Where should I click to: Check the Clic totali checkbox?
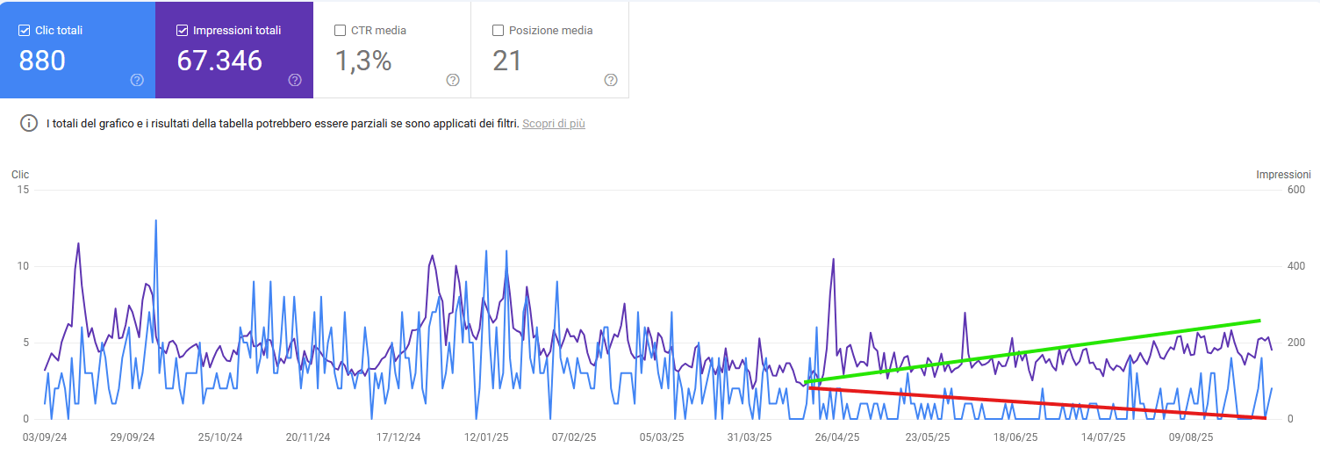click(x=24, y=31)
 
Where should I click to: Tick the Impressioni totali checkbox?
click(x=182, y=31)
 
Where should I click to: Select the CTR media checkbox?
click(x=341, y=31)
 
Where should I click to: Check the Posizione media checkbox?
click(x=499, y=31)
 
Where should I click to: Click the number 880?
click(x=42, y=61)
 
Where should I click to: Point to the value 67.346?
click(x=219, y=61)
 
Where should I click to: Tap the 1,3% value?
click(x=363, y=61)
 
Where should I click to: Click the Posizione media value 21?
click(x=507, y=61)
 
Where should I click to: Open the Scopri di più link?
click(x=553, y=124)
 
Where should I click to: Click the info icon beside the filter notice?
click(x=29, y=123)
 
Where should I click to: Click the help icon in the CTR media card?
click(x=453, y=80)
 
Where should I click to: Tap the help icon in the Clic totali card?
click(x=137, y=80)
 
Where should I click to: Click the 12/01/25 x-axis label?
click(x=487, y=437)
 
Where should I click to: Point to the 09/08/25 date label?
click(x=1191, y=437)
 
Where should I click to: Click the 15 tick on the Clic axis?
click(x=24, y=190)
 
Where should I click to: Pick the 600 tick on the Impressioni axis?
click(x=1295, y=190)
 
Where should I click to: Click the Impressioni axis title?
click(x=1283, y=175)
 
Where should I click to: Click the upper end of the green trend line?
click(x=1259, y=321)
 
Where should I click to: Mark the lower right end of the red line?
click(x=1264, y=417)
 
